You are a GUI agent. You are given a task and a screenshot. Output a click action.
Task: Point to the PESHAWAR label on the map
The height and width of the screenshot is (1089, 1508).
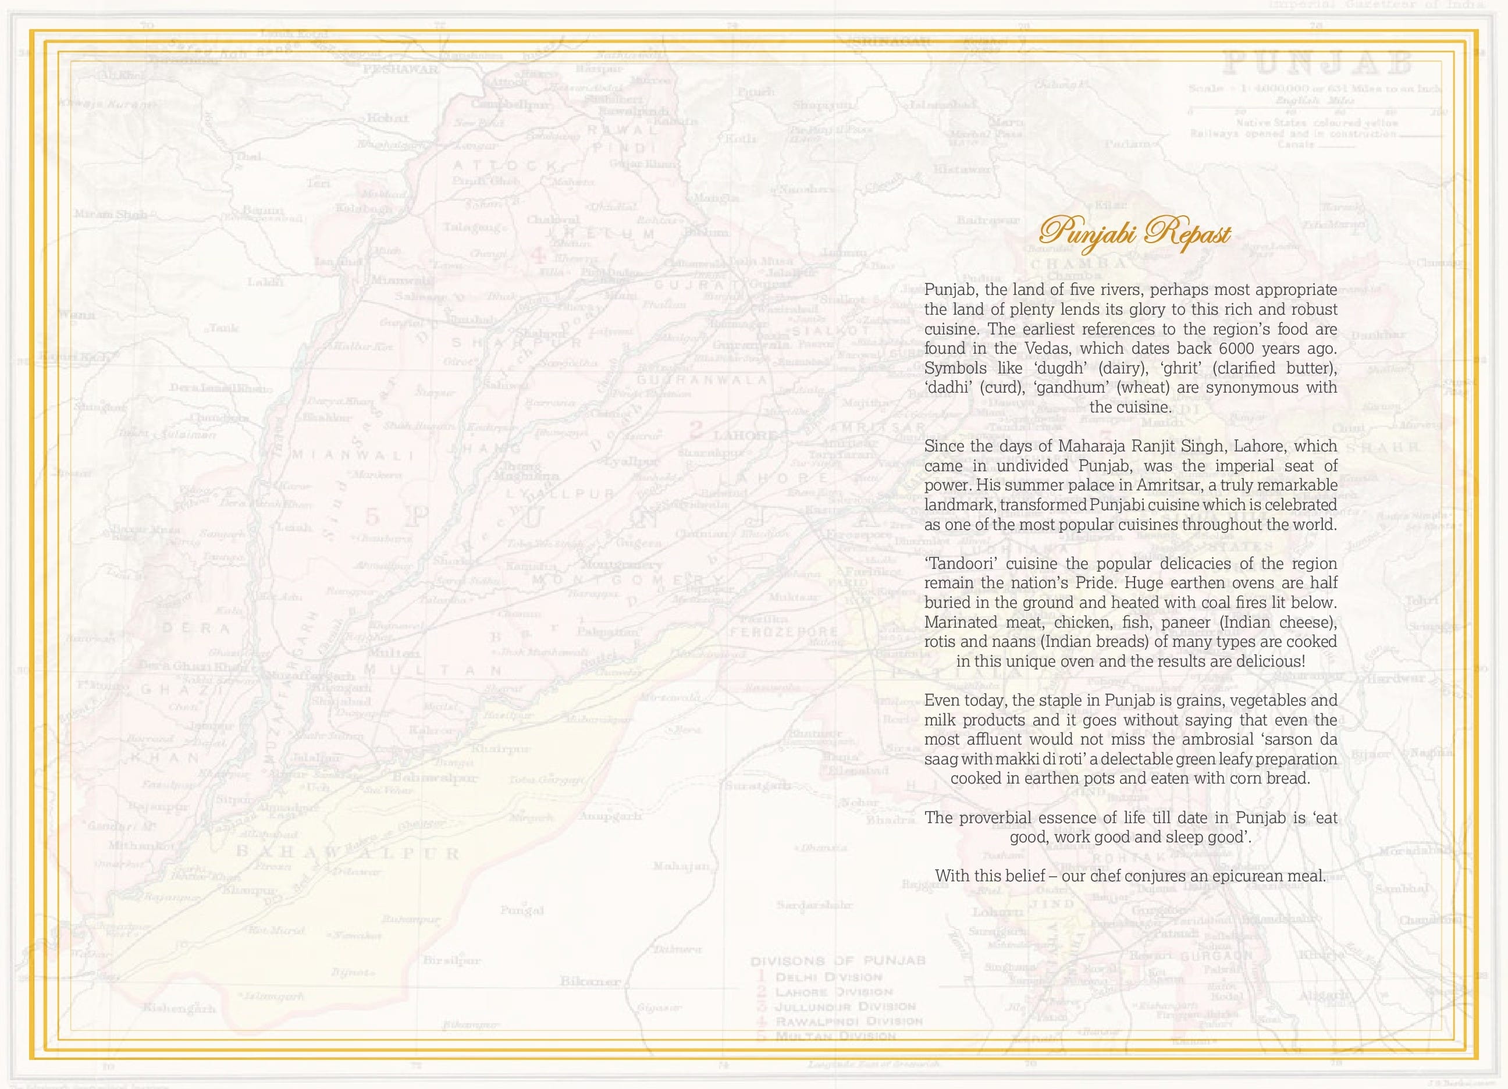click(400, 69)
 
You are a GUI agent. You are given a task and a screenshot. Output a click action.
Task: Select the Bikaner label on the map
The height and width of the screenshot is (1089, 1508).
click(590, 981)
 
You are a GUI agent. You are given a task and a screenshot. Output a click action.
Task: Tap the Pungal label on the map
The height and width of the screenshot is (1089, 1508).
click(522, 910)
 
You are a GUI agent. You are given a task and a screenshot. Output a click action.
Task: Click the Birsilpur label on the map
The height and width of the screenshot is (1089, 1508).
click(451, 960)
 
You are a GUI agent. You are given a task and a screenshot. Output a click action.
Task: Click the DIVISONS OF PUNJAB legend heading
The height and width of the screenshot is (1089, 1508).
click(838, 962)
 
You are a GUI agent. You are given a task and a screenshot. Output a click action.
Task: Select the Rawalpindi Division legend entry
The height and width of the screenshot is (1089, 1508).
click(848, 1021)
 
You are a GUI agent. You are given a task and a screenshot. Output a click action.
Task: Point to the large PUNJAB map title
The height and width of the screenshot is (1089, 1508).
click(1318, 65)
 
